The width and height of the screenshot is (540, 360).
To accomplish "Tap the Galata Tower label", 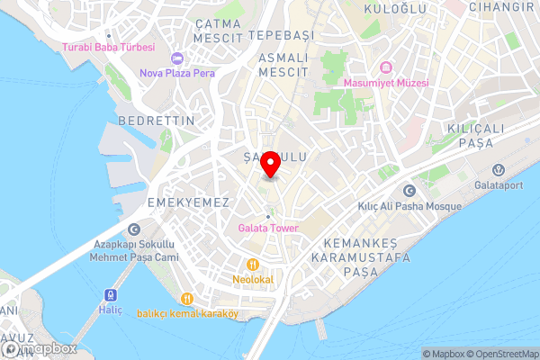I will point(267,228).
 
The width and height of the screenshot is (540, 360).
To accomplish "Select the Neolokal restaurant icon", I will point(254,265).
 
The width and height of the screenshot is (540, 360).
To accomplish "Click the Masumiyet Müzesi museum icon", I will point(386,68).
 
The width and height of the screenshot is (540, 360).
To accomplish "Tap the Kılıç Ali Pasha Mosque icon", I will point(410,191).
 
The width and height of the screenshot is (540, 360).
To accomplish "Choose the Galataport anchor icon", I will point(498,170).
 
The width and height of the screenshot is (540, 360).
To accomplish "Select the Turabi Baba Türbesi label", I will point(108,47).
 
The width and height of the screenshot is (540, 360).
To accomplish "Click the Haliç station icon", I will point(111,295).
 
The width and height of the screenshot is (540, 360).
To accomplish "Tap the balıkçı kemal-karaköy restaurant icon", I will point(186,299).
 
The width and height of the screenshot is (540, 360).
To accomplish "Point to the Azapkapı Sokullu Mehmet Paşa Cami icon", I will point(134,229).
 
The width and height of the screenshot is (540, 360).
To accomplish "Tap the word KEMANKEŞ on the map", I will point(360,243).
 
